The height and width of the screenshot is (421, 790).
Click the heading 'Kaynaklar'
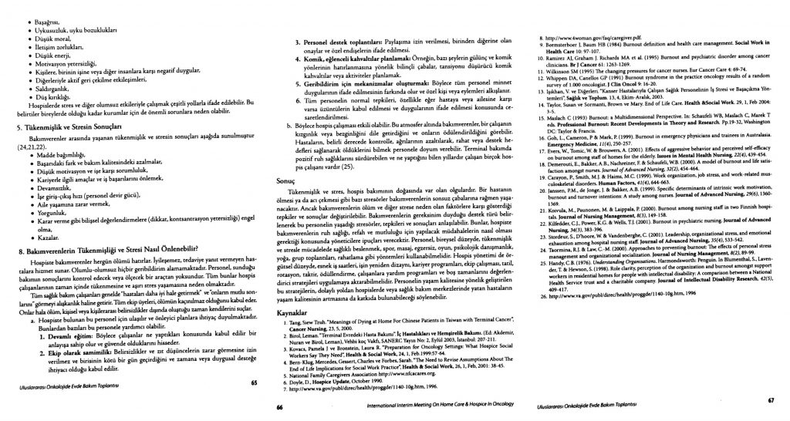303,315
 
